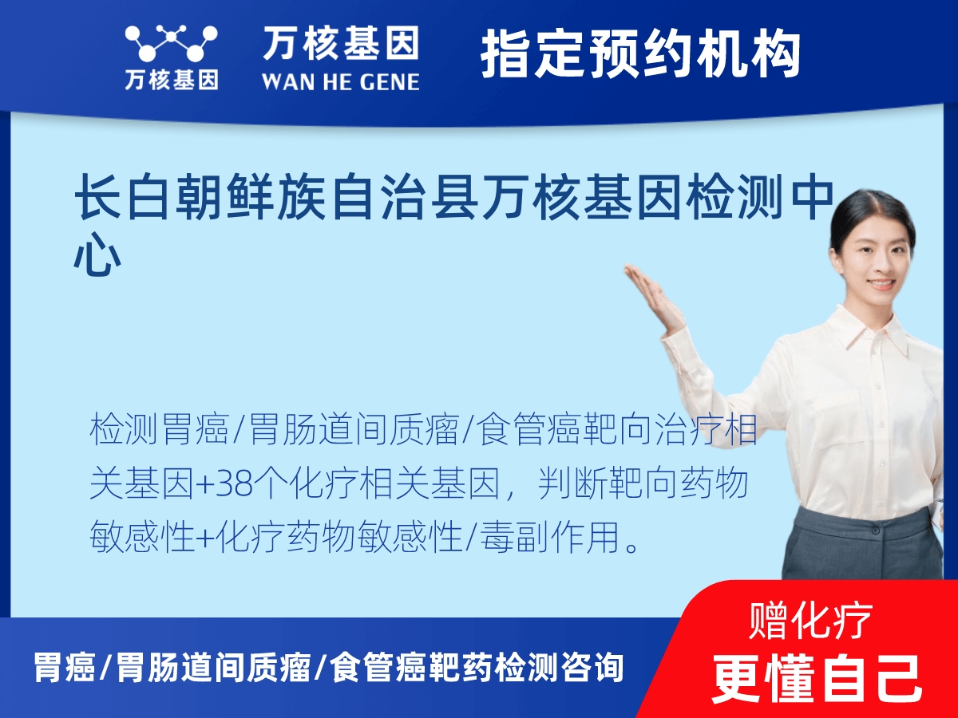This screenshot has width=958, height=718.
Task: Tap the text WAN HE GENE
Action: (x=340, y=81)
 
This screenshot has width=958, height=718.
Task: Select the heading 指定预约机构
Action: (x=640, y=54)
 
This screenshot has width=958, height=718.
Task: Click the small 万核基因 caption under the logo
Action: (x=171, y=80)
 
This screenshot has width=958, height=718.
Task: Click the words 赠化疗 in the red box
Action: (x=811, y=620)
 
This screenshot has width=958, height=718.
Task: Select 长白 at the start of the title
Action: (x=123, y=199)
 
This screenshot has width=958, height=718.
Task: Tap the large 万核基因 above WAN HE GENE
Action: (x=340, y=43)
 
